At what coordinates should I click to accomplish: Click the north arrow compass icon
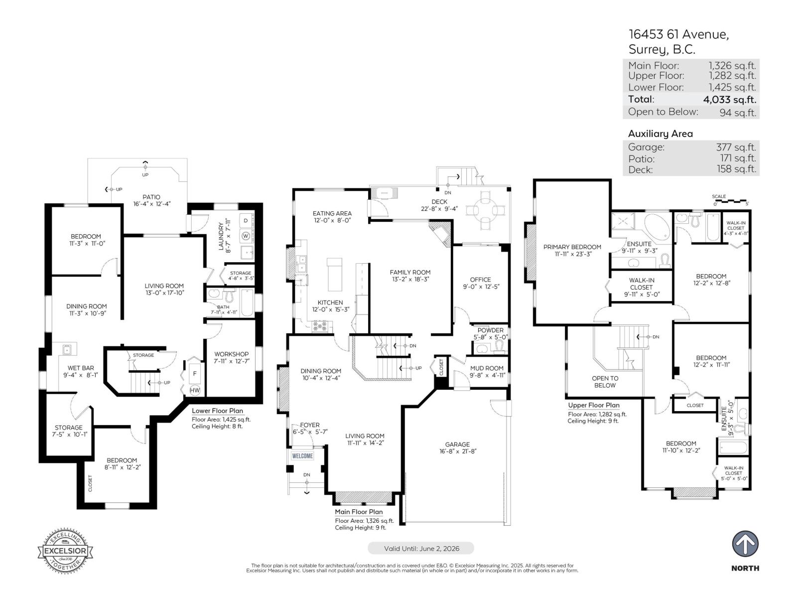(745, 544)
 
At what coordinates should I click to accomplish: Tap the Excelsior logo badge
(65, 550)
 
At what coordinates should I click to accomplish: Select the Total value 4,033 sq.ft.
(729, 99)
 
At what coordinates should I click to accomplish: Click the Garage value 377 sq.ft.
(736, 147)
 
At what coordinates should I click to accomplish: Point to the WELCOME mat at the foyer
(302, 455)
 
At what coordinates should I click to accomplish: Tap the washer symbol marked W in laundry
(246, 236)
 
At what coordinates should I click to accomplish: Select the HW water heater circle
(195, 390)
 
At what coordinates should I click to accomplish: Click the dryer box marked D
(246, 220)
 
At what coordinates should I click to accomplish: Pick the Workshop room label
(231, 354)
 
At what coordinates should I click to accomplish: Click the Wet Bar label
(81, 368)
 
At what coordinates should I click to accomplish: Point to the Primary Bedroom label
(572, 247)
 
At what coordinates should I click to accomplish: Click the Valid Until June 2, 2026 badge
(421, 548)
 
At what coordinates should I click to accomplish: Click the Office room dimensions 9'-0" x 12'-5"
(481, 287)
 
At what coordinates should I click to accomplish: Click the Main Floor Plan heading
(359, 512)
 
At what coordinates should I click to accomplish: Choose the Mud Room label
(487, 368)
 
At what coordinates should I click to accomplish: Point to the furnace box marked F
(195, 374)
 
